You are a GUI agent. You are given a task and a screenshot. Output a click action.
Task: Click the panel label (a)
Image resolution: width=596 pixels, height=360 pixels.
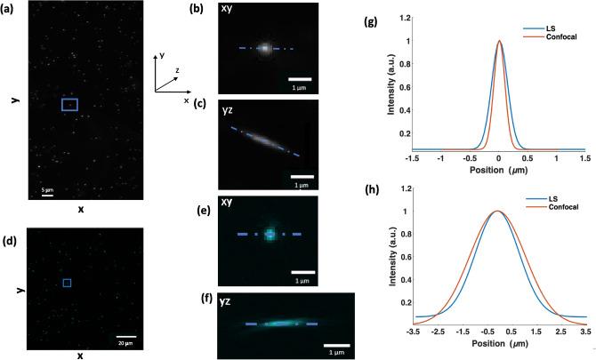[15, 9]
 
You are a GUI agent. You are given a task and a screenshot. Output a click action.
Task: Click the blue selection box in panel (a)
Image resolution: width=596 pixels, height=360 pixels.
[69, 105]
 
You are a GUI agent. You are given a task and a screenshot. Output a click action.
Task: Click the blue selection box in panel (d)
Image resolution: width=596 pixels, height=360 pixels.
[68, 283]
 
